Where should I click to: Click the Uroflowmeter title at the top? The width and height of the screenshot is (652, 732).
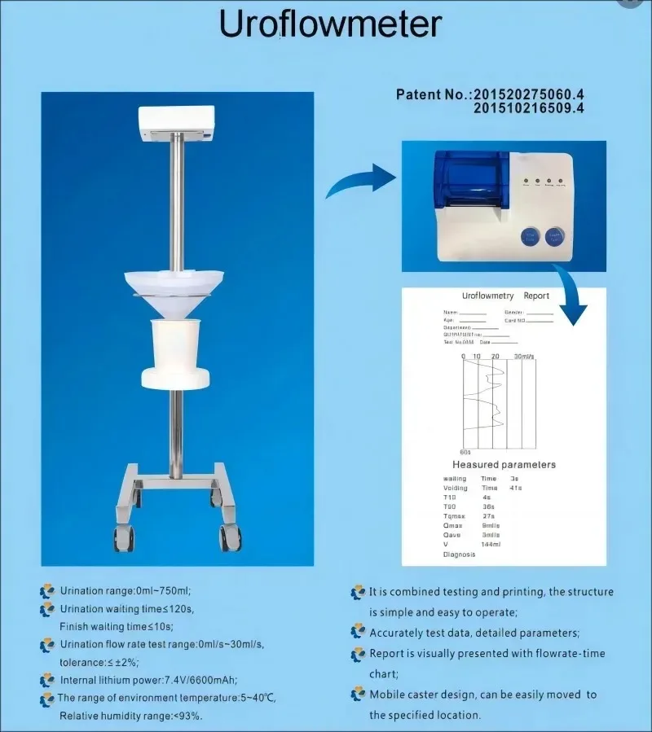pyautogui.click(x=330, y=25)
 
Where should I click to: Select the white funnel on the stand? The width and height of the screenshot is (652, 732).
pyautogui.click(x=177, y=288)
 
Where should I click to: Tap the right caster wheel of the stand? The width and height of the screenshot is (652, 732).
pyautogui.click(x=228, y=536)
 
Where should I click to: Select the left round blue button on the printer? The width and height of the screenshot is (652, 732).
pyautogui.click(x=530, y=238)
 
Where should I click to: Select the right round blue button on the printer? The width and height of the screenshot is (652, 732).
pyautogui.click(x=557, y=238)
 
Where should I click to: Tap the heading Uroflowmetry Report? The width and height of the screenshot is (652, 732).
pyautogui.click(x=505, y=296)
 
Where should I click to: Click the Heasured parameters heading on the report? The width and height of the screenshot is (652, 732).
pyautogui.click(x=504, y=464)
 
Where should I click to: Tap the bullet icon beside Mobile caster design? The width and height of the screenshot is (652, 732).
pyautogui.click(x=358, y=695)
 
